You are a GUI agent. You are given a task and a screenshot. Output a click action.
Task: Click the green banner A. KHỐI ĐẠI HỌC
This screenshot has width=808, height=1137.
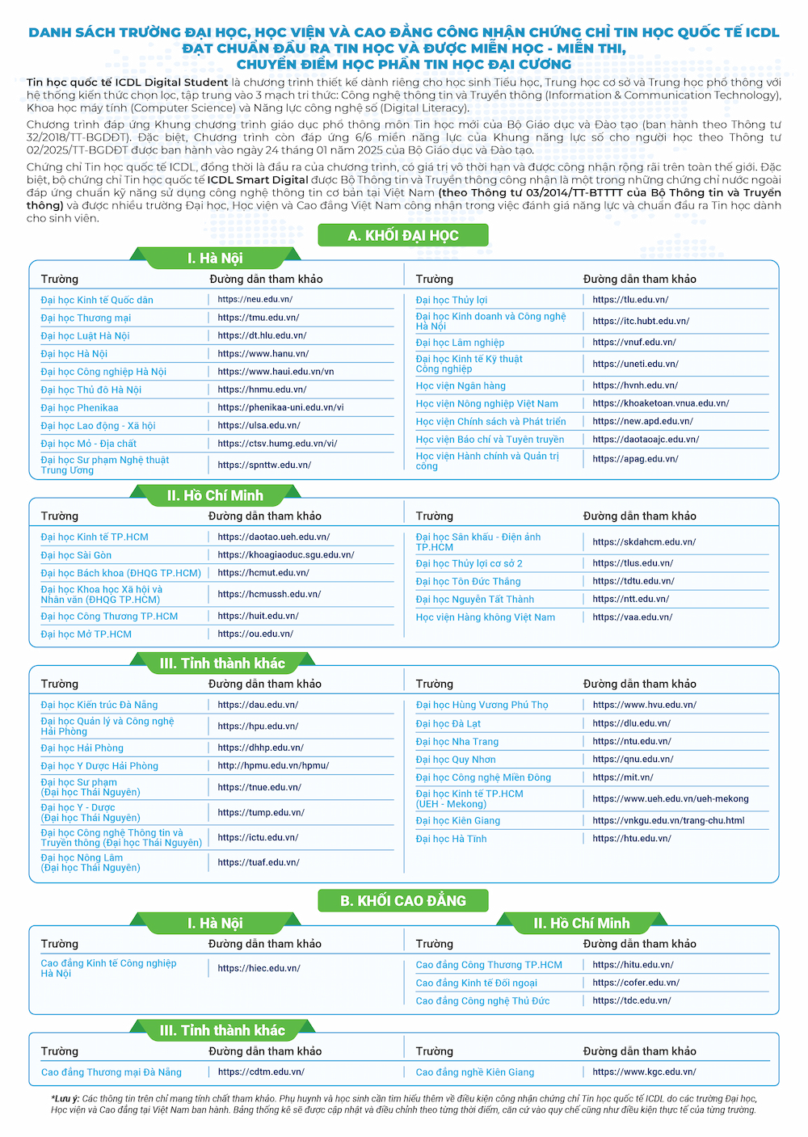click(403, 235)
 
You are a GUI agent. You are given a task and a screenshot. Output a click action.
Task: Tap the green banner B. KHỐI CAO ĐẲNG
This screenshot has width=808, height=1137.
click(403, 900)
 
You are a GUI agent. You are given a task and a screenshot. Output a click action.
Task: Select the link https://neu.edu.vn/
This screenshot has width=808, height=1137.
click(255, 299)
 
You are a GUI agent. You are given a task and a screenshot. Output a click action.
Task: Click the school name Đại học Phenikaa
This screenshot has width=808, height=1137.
click(79, 408)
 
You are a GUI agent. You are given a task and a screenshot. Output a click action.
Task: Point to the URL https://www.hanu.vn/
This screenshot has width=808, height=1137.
click(263, 353)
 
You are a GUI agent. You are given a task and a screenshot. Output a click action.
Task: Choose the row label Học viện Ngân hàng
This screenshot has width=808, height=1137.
click(461, 386)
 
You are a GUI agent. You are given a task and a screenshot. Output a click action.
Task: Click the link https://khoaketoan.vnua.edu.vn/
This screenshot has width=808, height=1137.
click(660, 403)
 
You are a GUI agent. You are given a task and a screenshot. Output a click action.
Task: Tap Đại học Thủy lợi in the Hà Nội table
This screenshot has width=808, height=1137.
click(452, 300)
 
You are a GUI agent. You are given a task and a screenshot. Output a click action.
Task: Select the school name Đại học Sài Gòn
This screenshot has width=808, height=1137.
click(76, 555)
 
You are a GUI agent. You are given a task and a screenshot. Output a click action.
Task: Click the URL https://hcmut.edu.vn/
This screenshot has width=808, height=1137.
click(263, 572)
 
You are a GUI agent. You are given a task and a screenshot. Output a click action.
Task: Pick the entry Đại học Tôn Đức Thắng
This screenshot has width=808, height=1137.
click(468, 581)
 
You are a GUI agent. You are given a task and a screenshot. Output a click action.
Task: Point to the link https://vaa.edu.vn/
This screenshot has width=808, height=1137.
click(632, 617)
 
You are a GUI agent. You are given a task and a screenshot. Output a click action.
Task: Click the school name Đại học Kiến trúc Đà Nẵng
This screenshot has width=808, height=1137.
click(99, 705)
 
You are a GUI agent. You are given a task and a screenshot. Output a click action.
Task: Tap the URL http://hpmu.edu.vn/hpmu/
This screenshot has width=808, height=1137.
click(273, 765)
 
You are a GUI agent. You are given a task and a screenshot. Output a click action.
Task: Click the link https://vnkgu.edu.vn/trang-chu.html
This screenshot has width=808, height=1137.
click(668, 820)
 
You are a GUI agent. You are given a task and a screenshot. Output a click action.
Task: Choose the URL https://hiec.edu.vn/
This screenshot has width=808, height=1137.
click(259, 968)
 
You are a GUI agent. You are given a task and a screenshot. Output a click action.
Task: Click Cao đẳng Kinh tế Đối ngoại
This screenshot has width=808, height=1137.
click(476, 983)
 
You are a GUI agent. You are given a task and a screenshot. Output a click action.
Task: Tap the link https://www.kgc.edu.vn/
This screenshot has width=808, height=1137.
click(644, 1072)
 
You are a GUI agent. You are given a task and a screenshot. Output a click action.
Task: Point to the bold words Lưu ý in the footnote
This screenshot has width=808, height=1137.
click(65, 1098)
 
